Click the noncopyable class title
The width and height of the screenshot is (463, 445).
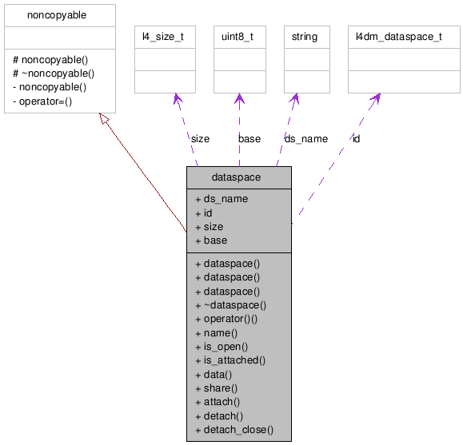[x=57, y=15]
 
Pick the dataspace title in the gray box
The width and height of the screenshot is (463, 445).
[x=238, y=177]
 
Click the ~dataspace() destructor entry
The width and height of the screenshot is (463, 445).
[x=230, y=304]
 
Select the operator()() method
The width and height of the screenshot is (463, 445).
[x=230, y=319]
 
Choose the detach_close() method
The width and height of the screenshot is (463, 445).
[x=233, y=430]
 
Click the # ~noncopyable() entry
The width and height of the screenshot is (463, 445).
[x=54, y=74]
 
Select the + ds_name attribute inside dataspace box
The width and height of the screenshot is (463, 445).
[x=221, y=199]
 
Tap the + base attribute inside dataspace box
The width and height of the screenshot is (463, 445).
[x=211, y=240]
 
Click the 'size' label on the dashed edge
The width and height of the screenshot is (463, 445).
[x=200, y=138]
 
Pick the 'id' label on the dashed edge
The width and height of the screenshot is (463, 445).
[x=356, y=138]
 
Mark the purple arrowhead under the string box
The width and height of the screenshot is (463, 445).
[x=295, y=99]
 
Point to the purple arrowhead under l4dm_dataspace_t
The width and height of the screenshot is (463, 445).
[x=374, y=99]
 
